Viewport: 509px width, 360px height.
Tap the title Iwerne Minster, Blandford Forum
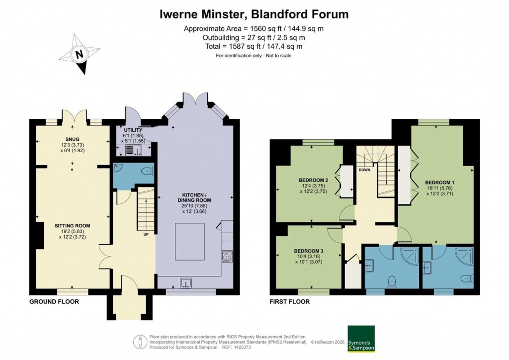[x=254, y=14]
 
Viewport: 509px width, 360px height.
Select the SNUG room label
[x=72, y=139]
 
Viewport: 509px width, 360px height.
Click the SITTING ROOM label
[x=73, y=225]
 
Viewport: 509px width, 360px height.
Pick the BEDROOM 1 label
[x=436, y=181]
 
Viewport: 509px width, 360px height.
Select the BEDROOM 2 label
[x=314, y=180]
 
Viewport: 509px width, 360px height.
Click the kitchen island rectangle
[x=190, y=242]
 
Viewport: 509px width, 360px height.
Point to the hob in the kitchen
[x=227, y=256]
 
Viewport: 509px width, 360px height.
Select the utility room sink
[x=133, y=150]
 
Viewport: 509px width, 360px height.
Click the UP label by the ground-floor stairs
[x=146, y=234]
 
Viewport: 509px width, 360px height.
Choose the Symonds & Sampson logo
[x=360, y=339]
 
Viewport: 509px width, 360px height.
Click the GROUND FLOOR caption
[x=54, y=302]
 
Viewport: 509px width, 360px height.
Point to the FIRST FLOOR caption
[x=290, y=302]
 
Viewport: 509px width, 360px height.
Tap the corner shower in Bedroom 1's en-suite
[x=466, y=256]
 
